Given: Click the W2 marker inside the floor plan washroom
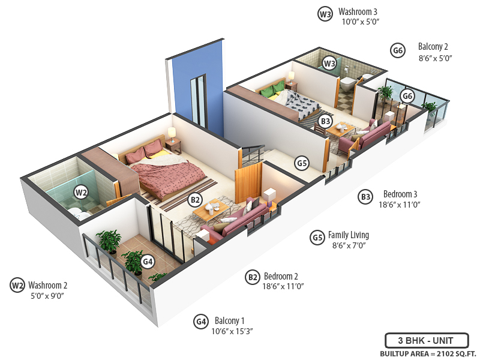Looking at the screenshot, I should coord(81,192).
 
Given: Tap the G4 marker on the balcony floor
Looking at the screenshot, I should coord(148,262).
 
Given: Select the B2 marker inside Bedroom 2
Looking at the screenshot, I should coord(195,200).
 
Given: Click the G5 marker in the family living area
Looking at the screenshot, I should coord(302,162).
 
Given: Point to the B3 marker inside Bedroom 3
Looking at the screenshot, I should coord(325,121).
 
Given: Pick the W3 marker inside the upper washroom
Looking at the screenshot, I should coord(329,63).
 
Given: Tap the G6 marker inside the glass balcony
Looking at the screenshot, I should coord(407,96).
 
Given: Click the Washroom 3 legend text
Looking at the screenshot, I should coord(358,11).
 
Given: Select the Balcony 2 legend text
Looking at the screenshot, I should coord(433,47).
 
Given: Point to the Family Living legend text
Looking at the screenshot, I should coord(349,235).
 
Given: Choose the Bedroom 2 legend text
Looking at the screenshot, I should coord(281,277).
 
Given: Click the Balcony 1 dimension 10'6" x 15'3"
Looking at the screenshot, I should coord(236,331).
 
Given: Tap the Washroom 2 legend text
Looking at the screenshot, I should coord(47,285).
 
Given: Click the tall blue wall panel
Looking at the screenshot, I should coord(198,90).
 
